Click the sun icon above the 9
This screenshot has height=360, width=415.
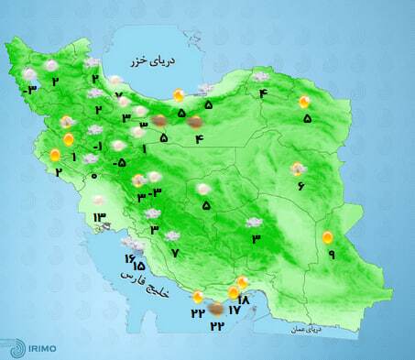point(327,238)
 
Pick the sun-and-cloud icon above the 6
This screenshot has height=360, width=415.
point(297,169)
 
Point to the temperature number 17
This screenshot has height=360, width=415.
point(234,311)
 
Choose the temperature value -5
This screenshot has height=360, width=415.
point(119,163)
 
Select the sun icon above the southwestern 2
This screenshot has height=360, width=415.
point(56,155)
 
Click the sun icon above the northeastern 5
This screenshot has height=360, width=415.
point(305,103)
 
